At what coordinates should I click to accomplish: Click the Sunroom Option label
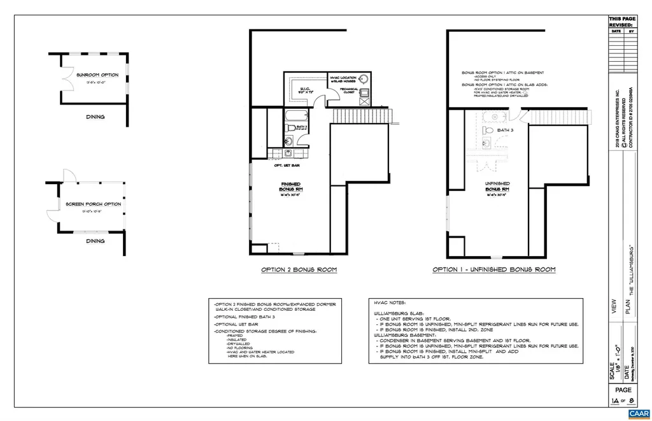97,75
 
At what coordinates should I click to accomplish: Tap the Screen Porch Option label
94,204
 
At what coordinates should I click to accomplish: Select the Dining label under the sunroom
96,117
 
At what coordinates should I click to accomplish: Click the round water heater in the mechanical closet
363,80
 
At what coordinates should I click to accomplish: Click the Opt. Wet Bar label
287,166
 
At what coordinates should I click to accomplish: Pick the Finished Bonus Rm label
290,187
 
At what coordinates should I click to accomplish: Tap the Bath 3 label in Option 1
504,130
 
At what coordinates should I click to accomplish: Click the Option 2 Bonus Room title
299,270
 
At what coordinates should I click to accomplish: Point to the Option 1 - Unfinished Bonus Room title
493,270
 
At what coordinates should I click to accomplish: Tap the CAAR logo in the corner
637,413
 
